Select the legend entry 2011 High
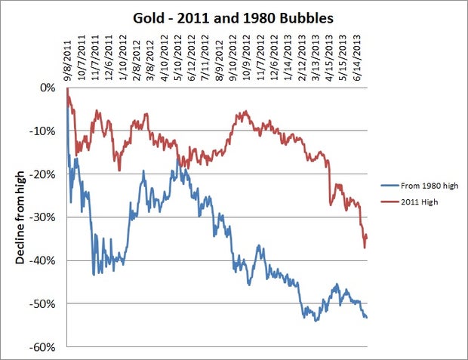coord(419,202)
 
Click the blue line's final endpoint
coord(368,317)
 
